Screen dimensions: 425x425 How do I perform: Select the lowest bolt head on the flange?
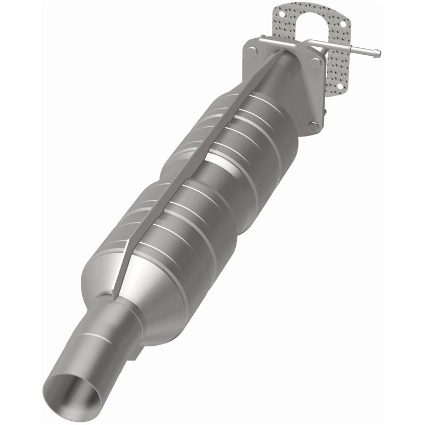[x=313, y=126]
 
